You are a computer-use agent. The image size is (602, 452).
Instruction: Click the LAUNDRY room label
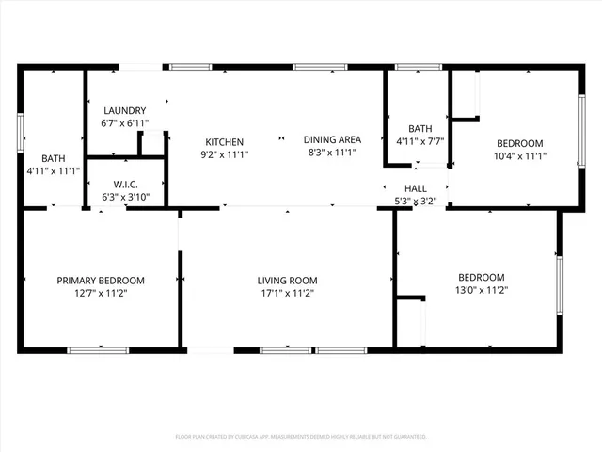coord(124,110)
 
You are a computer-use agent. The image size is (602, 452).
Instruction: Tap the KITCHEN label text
coord(225,141)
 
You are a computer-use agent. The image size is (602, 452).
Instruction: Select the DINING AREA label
coord(332,139)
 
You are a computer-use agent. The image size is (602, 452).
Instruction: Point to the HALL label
coord(415,188)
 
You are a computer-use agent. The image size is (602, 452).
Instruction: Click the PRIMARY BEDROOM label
coord(101,281)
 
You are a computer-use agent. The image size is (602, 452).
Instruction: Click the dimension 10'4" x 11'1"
coord(521,156)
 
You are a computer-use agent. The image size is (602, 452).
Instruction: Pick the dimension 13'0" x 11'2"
coord(481,290)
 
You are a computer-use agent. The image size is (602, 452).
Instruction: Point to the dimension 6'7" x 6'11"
coord(124,123)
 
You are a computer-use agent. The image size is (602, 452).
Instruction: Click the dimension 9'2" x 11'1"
coord(225,153)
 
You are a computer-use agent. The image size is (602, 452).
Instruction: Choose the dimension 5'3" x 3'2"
coord(415,201)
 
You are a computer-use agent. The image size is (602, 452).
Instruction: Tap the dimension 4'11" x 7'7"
coord(420,142)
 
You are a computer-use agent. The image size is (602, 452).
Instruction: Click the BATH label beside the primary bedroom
coord(53,158)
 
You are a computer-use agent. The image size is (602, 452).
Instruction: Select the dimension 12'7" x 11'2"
coord(101,293)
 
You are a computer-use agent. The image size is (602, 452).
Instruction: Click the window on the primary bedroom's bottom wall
coord(98,350)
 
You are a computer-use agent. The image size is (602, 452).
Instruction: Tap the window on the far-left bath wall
coord(20,132)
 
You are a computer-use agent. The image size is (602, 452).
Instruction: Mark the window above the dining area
coord(313,67)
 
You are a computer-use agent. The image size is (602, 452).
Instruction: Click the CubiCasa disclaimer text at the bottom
coord(301,437)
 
